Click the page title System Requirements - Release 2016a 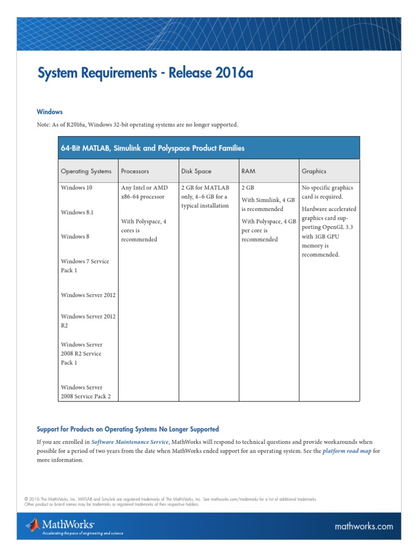tap(145, 73)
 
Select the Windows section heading tap(50, 112)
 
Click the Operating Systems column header tap(86, 171)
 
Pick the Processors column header tap(135, 171)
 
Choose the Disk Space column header tap(196, 171)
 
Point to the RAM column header tap(248, 171)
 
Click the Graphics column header tap(314, 171)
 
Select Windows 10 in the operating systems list tap(77, 188)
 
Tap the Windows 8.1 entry tap(77, 212)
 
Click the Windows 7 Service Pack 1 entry tap(84, 265)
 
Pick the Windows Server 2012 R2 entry tap(88, 320)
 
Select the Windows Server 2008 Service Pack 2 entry tap(85, 392)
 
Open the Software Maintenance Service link tap(130, 442)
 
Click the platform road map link tap(347, 451)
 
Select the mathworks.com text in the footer tap(364, 526)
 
